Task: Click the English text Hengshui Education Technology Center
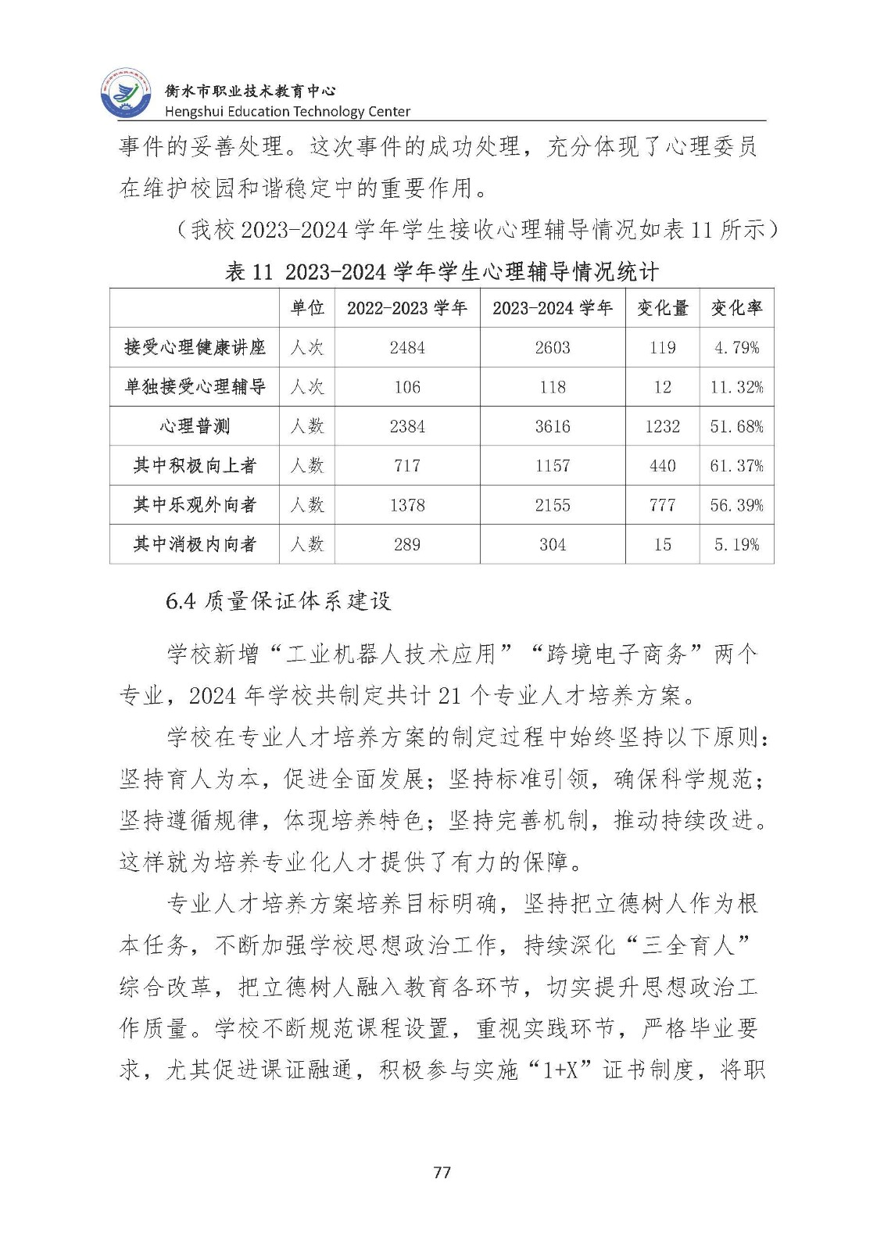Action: (288, 112)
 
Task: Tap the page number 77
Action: (442, 1172)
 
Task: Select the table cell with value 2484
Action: (407, 347)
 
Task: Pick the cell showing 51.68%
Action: (736, 426)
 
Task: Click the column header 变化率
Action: (736, 308)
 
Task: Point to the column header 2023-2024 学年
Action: (553, 308)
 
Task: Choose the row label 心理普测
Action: (195, 426)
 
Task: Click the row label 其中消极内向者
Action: (195, 544)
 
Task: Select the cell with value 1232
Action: (662, 426)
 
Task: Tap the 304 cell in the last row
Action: (553, 544)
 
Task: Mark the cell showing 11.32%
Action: (736, 387)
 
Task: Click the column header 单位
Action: (307, 308)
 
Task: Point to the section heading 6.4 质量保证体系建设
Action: (278, 600)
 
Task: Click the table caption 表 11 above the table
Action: (249, 271)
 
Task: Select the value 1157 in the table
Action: (553, 465)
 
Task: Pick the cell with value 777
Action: (662, 505)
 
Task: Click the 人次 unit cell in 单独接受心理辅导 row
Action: (307, 387)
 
